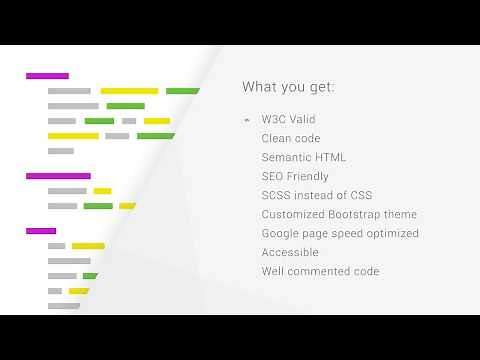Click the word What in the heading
click(x=258, y=87)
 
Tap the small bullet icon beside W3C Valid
click(x=247, y=120)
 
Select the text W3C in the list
click(x=274, y=120)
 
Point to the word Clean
click(x=277, y=139)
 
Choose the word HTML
click(x=332, y=158)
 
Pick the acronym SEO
click(x=273, y=177)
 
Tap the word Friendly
click(x=308, y=177)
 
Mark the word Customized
click(x=292, y=215)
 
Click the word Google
click(x=281, y=234)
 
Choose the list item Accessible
click(x=290, y=253)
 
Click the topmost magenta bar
click(x=47, y=76)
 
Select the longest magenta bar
click(x=58, y=176)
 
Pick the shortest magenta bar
click(x=41, y=231)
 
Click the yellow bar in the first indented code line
click(x=129, y=91)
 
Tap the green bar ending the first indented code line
click(x=182, y=91)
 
